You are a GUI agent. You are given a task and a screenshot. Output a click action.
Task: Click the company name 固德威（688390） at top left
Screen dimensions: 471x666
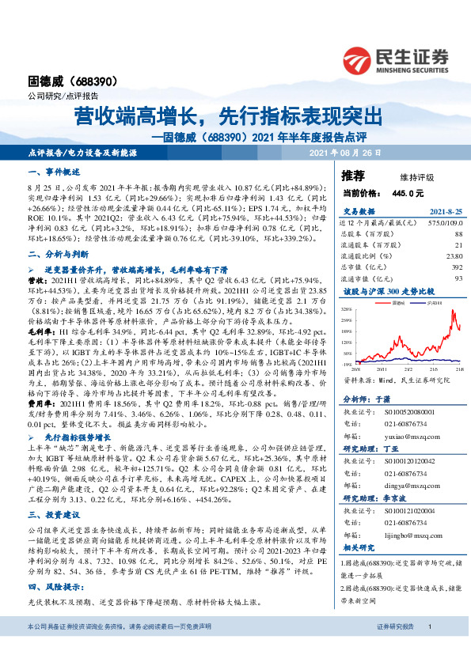pyautogui.click(x=63, y=81)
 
